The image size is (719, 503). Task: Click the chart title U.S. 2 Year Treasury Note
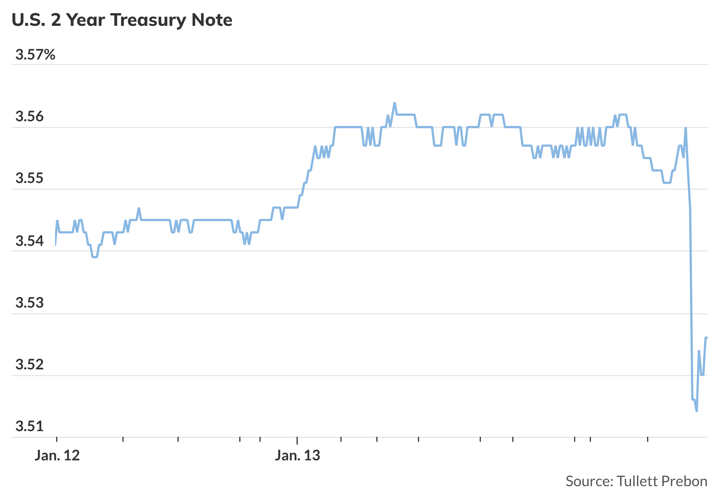(x=122, y=20)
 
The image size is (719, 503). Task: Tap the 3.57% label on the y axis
(x=35, y=55)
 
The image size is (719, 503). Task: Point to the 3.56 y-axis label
(x=29, y=116)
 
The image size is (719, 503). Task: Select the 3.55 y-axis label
(x=29, y=178)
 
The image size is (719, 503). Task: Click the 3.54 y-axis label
(x=29, y=241)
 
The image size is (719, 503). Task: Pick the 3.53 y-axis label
(x=29, y=303)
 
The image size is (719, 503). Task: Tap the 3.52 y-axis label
(x=29, y=364)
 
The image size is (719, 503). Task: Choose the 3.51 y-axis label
(x=29, y=426)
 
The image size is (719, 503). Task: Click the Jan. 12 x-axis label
(x=57, y=456)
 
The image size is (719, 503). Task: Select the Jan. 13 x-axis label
(x=297, y=456)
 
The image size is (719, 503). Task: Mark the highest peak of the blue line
(x=395, y=103)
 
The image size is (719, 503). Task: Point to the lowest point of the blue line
(x=697, y=411)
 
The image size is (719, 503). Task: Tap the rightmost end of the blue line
(x=707, y=337)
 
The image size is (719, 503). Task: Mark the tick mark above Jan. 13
(x=297, y=440)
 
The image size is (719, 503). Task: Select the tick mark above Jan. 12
(x=57, y=440)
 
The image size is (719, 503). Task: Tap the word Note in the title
(x=212, y=20)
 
